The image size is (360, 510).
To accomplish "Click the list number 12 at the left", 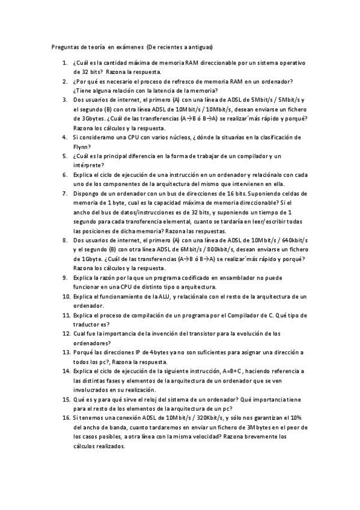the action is (x=66, y=333).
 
